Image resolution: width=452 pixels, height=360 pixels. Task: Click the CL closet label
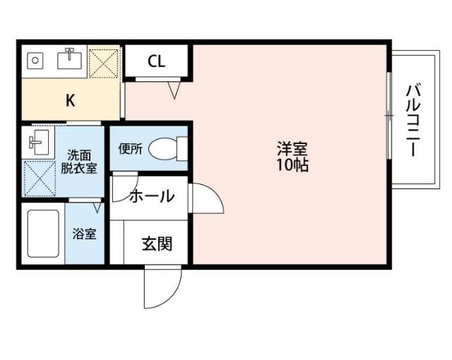[x=156, y=61]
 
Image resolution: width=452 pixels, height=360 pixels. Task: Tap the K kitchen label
[x=70, y=100]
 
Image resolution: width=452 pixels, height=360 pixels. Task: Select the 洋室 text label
[x=292, y=150]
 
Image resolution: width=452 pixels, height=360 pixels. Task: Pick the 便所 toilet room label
[x=131, y=149]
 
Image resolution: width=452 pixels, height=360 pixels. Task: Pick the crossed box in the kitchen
[x=105, y=63]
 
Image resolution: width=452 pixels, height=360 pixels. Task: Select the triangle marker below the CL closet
[x=175, y=90]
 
